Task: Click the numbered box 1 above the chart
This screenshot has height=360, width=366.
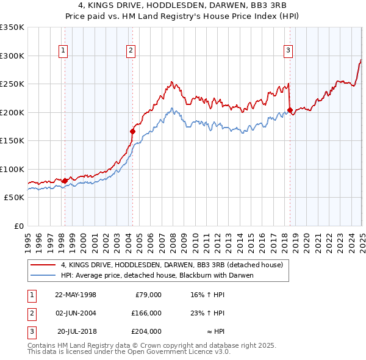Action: (x=64, y=51)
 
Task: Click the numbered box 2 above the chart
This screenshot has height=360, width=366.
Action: (x=131, y=51)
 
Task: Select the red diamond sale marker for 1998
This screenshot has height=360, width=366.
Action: (x=65, y=181)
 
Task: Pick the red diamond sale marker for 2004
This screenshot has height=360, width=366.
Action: (x=132, y=131)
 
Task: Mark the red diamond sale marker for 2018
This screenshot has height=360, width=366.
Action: (x=290, y=110)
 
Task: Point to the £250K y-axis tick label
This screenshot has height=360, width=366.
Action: (x=12, y=84)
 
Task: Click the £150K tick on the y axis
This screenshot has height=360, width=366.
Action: (x=12, y=141)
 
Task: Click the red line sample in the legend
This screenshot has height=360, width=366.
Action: (x=43, y=265)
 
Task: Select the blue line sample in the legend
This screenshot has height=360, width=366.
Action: (x=43, y=275)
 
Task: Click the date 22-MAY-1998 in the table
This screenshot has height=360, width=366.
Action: (x=76, y=295)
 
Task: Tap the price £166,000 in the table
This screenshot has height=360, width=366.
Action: (x=146, y=313)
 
